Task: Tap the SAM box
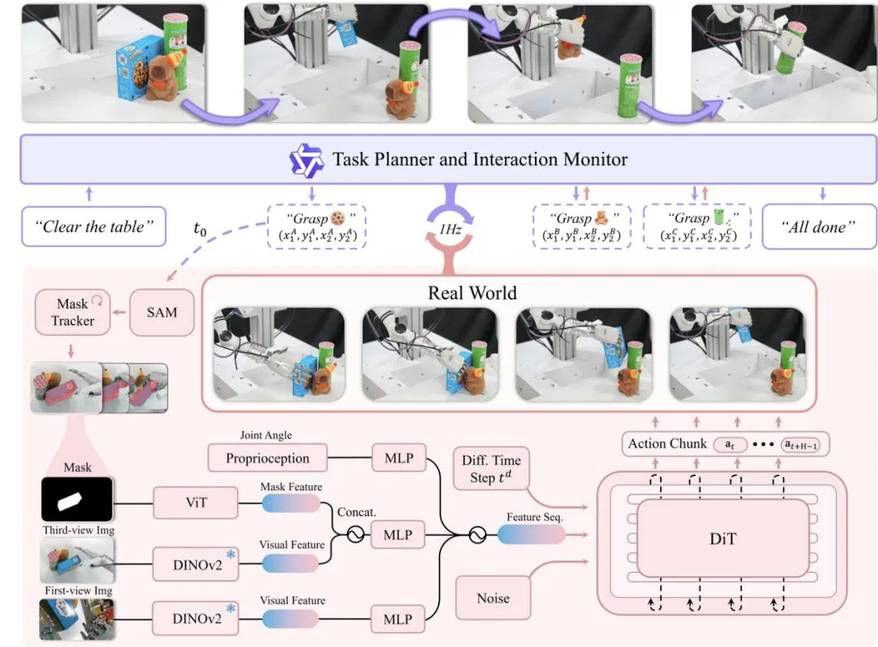[162, 312]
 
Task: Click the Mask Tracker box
[73, 312]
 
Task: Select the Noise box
[493, 598]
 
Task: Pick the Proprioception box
[267, 458]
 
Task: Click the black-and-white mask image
[77, 499]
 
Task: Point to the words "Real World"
[472, 293]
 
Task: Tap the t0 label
[200, 231]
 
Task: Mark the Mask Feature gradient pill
[292, 504]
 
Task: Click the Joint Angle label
[266, 436]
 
